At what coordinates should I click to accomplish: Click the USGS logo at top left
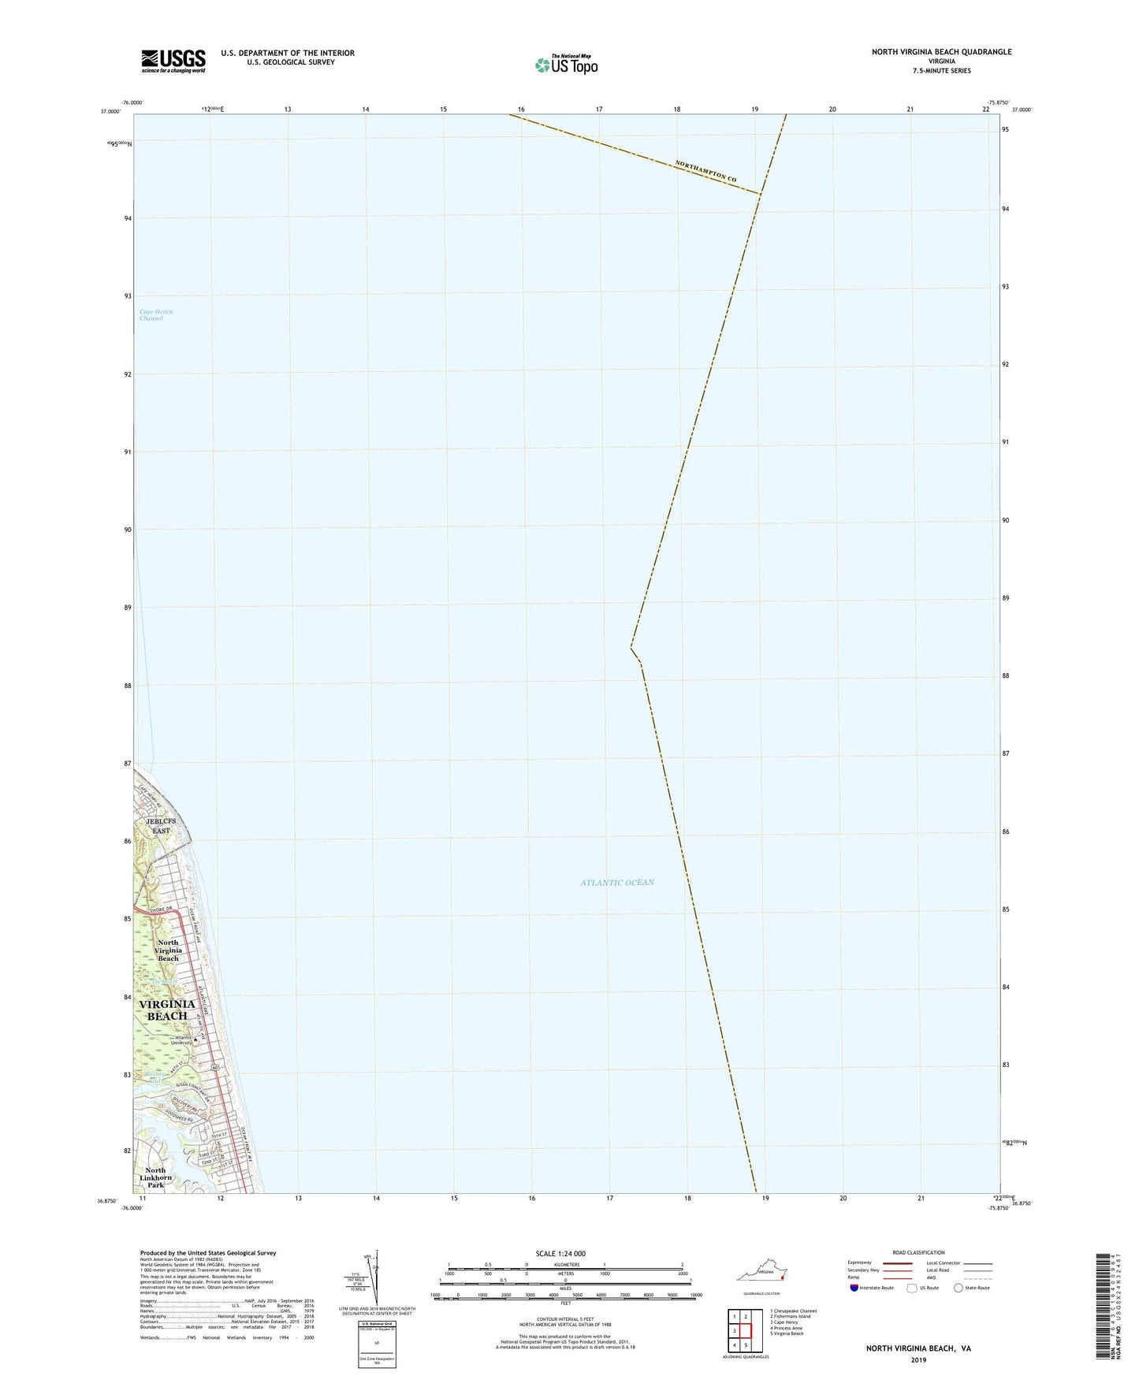[173, 61]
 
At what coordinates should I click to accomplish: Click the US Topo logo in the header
[565, 65]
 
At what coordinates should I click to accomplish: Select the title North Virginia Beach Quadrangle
[941, 52]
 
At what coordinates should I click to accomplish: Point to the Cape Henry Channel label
[156, 315]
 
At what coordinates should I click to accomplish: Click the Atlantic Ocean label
[617, 883]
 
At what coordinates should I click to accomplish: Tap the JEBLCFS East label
[161, 826]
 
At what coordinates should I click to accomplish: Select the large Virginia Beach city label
[166, 1010]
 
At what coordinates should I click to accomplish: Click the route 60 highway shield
[214, 1068]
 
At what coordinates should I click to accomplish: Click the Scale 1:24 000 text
[560, 1253]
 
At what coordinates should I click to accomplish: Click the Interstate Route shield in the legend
[855, 1288]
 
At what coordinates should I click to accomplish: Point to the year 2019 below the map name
[918, 1359]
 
